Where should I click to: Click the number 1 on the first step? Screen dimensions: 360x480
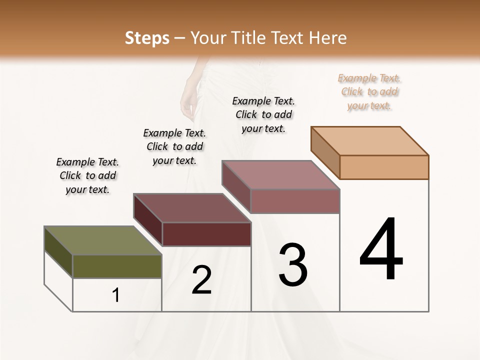pyautogui.click(x=116, y=295)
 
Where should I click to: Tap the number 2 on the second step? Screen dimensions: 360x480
pyautogui.click(x=201, y=279)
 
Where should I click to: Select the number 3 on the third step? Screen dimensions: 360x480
pyautogui.click(x=293, y=264)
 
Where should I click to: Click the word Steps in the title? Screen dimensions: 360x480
pyautogui.click(x=147, y=38)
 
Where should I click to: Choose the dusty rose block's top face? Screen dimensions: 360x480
pyautogui.click(x=280, y=175)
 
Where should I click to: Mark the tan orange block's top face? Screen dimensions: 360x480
pyautogui.click(x=369, y=140)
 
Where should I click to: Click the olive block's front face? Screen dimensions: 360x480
pyautogui.click(x=117, y=266)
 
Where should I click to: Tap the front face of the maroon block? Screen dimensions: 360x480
pyautogui.click(x=206, y=234)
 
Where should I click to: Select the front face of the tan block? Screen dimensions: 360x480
pyautogui.click(x=384, y=167)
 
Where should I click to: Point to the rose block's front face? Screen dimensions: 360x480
pyautogui.click(x=295, y=201)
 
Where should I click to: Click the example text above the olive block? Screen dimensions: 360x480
pyautogui.click(x=87, y=175)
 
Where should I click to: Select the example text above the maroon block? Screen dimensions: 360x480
pyautogui.click(x=174, y=146)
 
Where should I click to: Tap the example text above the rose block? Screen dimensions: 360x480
pyautogui.click(x=263, y=114)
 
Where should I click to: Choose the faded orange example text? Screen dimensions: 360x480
pyautogui.click(x=369, y=91)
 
